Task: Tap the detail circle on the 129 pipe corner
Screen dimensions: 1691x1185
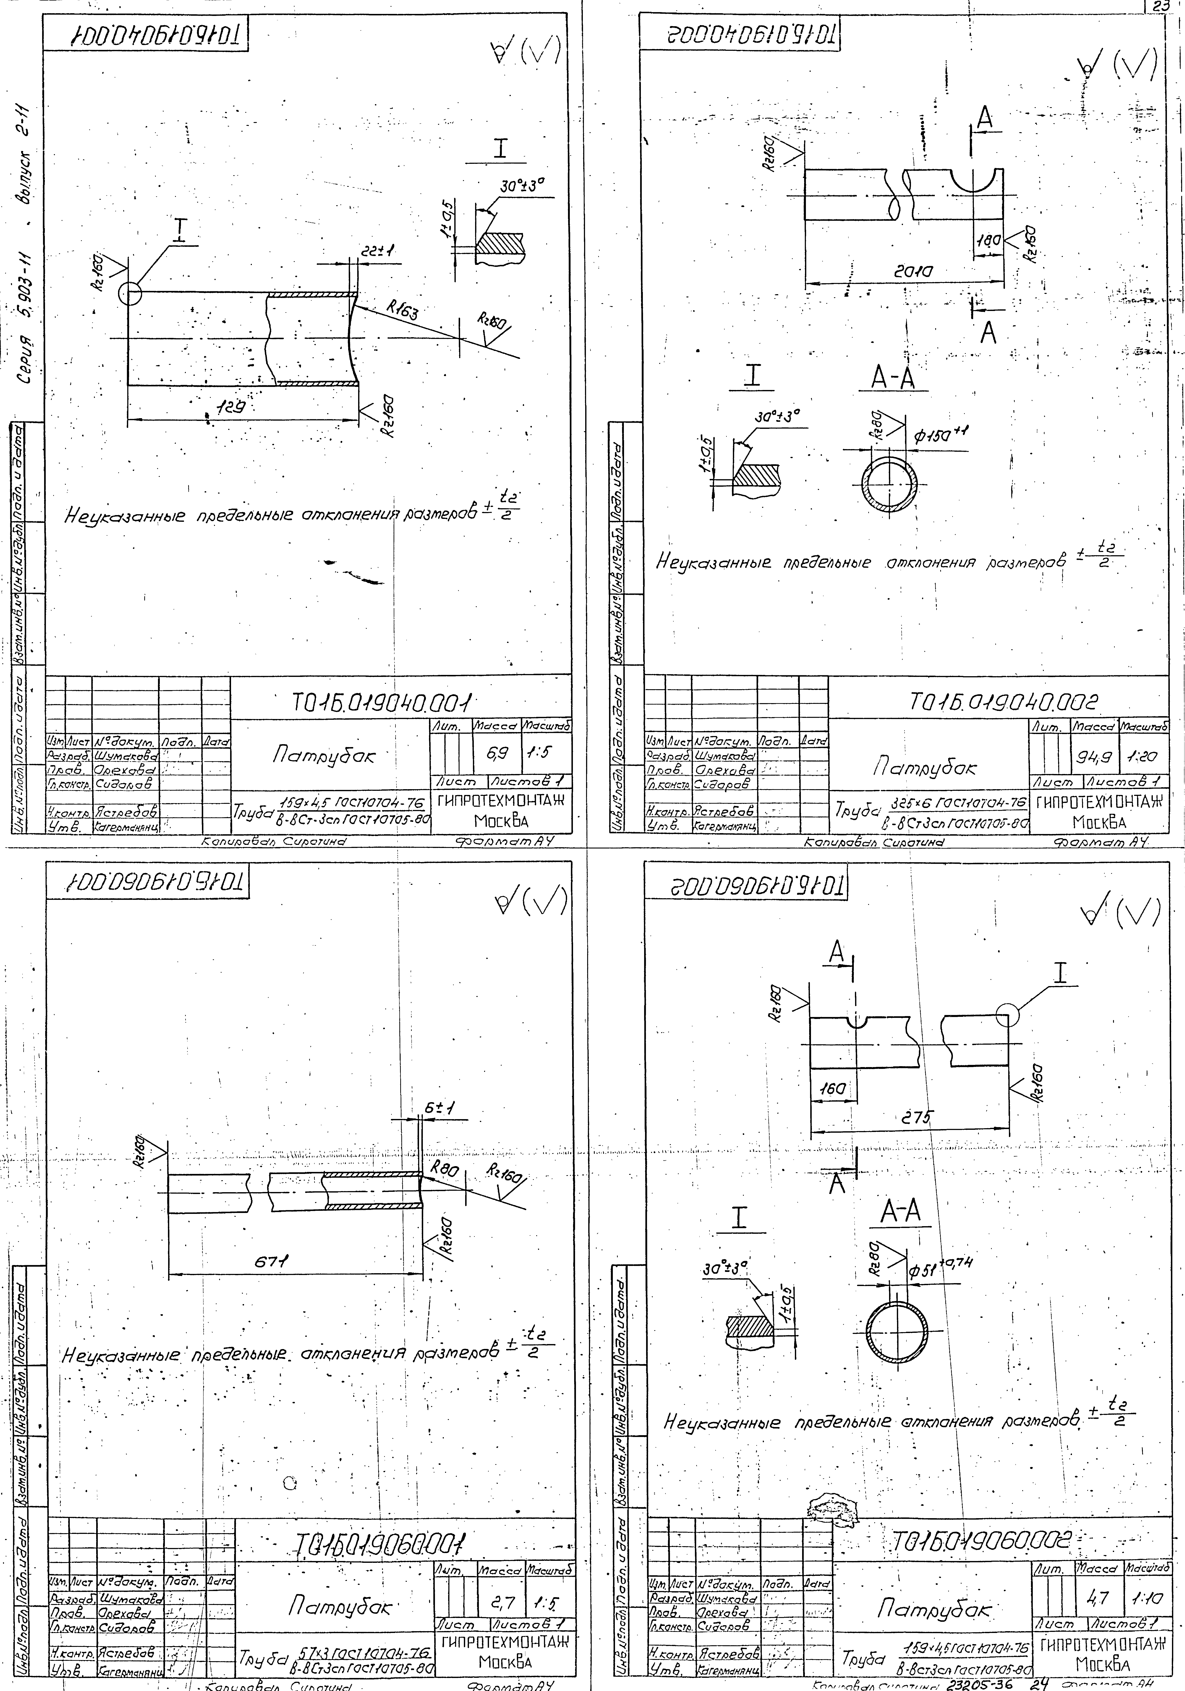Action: pyautogui.click(x=130, y=294)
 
